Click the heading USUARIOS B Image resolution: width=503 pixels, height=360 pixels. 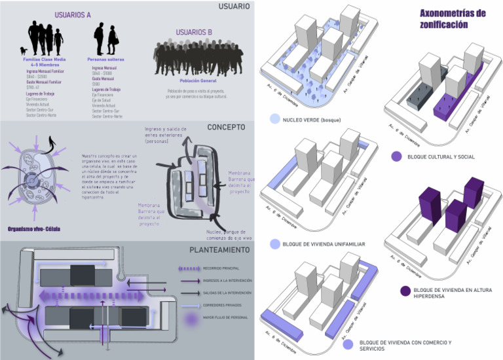pos(194,32)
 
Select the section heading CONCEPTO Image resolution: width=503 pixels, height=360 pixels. pos(227,127)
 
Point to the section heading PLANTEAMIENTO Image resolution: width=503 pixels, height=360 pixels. pos(219,250)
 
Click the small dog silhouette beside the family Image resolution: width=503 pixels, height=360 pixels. pos(25,50)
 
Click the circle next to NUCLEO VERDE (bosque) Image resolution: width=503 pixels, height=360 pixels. pos(274,120)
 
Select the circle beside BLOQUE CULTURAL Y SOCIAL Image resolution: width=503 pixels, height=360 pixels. pos(396,156)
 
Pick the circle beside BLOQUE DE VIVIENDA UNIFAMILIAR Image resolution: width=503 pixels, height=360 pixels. pos(274,244)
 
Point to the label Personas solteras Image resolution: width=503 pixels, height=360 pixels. pos(105,60)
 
